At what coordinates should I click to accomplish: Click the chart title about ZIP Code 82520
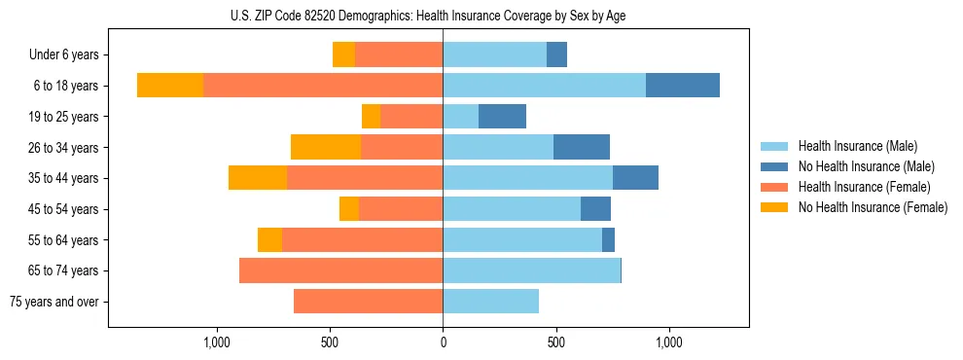[x=443, y=15]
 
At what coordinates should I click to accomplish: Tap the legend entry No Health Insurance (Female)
[x=873, y=207]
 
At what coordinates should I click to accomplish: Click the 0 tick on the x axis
[x=443, y=342]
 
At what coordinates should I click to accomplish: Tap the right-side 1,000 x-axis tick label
[x=669, y=342]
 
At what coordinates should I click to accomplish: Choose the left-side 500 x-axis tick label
[x=330, y=342]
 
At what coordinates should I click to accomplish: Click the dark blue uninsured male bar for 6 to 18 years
[x=683, y=86]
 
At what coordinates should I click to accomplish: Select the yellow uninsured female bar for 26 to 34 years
[x=326, y=147]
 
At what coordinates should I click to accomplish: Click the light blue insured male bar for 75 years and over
[x=490, y=302]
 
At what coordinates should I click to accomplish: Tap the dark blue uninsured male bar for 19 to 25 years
[x=502, y=117]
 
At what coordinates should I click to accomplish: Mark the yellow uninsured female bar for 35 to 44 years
[x=258, y=178]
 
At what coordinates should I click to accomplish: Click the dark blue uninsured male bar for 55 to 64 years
[x=608, y=239]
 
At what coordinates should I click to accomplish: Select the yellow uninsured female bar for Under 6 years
[x=343, y=54]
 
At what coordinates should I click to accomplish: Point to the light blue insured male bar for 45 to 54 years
[x=512, y=209]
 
